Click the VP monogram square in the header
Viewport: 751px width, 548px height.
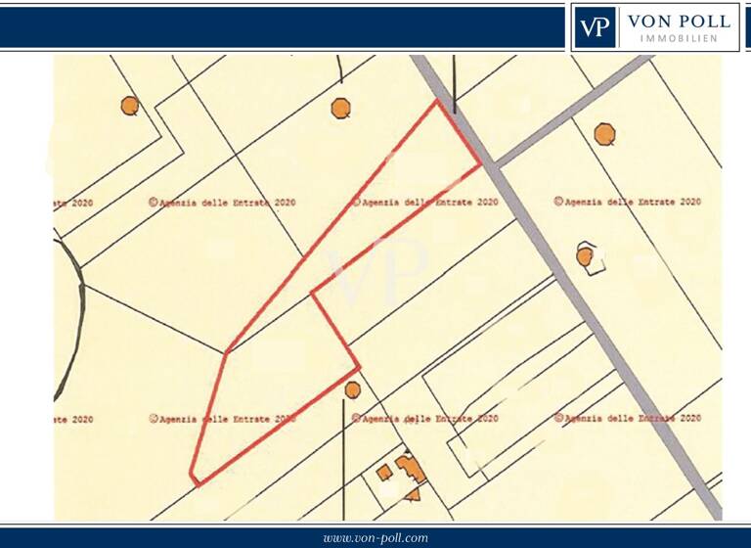(595, 27)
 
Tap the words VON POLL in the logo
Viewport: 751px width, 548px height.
(679, 21)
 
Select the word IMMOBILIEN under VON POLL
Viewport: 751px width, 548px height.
(679, 38)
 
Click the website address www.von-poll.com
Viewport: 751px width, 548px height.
(375, 538)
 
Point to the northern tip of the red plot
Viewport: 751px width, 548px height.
(436, 101)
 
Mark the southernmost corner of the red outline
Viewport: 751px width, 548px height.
(197, 484)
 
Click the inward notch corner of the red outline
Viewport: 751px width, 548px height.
(312, 293)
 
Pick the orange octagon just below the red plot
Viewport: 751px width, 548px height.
(353, 389)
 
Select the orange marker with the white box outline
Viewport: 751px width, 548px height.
(585, 256)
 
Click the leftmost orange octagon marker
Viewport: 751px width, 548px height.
(129, 105)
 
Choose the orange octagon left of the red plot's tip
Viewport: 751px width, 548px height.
(340, 108)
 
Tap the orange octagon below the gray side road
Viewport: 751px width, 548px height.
(605, 134)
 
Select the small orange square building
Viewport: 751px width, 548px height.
(384, 473)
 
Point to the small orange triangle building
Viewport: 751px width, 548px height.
(413, 494)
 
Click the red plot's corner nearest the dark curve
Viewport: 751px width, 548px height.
(226, 352)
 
